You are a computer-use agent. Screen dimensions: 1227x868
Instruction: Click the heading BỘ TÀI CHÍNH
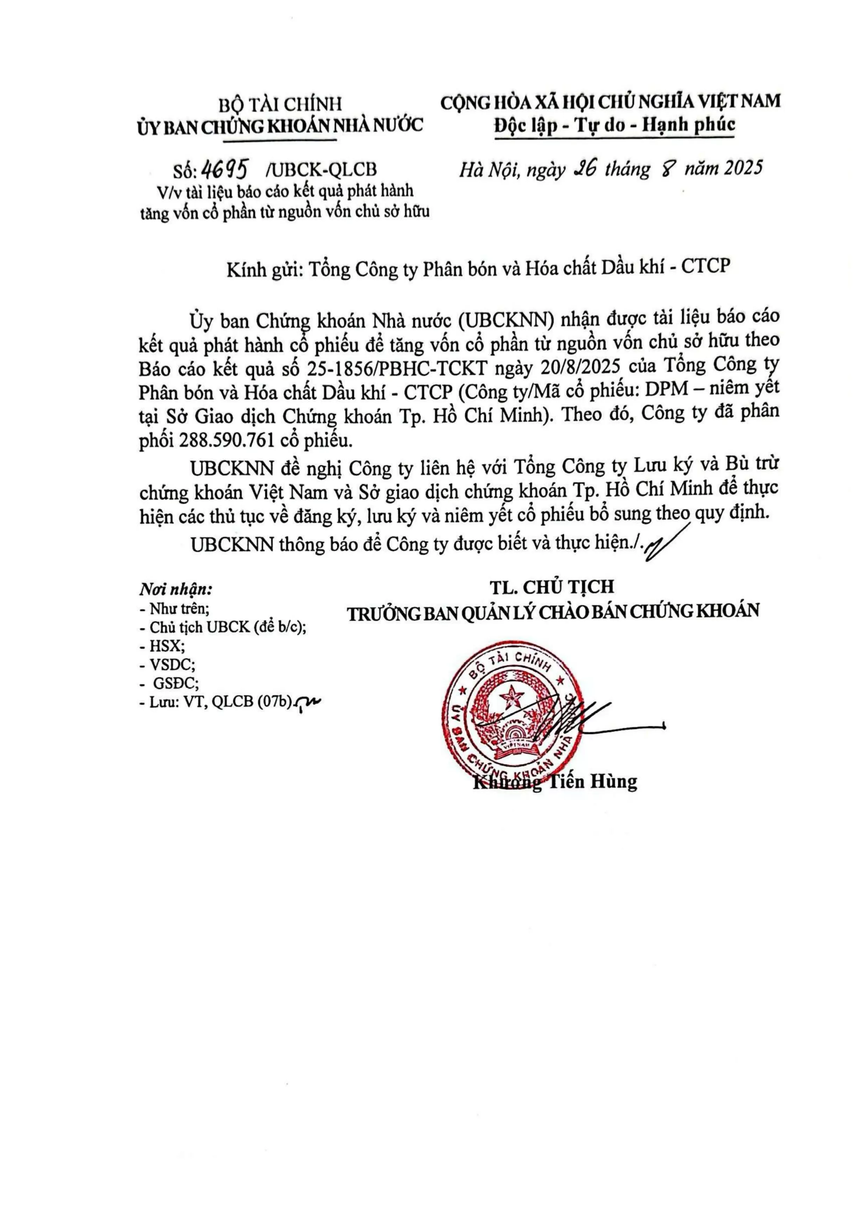(x=280, y=104)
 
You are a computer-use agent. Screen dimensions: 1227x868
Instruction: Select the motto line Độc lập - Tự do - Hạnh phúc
(x=614, y=125)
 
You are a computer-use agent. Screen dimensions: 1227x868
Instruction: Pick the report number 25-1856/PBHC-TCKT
(x=397, y=368)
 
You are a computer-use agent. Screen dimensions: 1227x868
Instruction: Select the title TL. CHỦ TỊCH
(x=552, y=586)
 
